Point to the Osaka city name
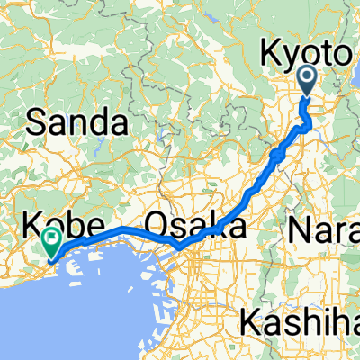coord(194,224)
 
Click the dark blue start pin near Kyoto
coord(308,81)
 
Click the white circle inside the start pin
coord(308,77)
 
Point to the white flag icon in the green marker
coord(51,239)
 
